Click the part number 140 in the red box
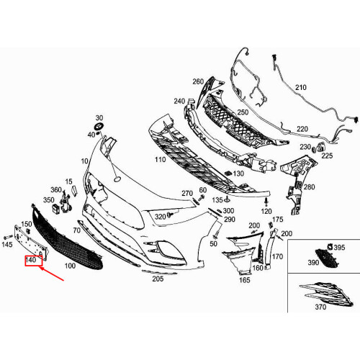coord(31,260)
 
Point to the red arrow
coord(52,274)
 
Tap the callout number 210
coord(301,87)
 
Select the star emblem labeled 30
coord(98,127)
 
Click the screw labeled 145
coord(8,237)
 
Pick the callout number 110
coord(161,160)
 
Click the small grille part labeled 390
coord(326,258)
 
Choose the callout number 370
coord(320,307)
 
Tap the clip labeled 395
coord(329,246)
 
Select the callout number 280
coord(309,187)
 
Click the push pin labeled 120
coord(266,202)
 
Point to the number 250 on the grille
coord(243,112)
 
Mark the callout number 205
coord(158,279)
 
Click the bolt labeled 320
coord(171,214)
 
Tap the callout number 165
coord(244,280)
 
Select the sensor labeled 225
coord(320,147)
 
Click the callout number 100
coord(70,266)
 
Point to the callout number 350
coord(48,200)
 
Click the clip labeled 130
coord(228,173)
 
